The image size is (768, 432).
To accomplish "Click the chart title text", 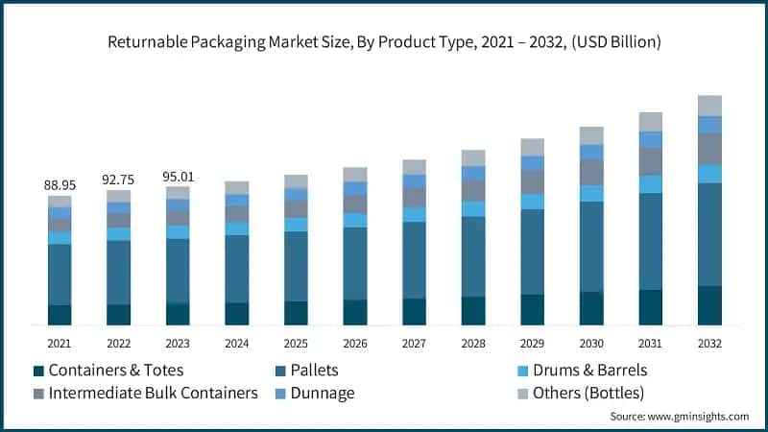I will pyautogui.click(x=384, y=42).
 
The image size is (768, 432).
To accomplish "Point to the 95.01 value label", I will pyautogui.click(x=178, y=176).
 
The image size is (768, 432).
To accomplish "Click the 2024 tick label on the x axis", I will pyautogui.click(x=236, y=343).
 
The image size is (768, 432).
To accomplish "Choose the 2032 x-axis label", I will pyautogui.click(x=709, y=343).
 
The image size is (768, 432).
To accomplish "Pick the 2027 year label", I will pyautogui.click(x=414, y=343).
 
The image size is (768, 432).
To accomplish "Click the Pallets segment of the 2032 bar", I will pyautogui.click(x=709, y=234).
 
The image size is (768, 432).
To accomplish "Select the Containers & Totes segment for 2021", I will pyautogui.click(x=60, y=315).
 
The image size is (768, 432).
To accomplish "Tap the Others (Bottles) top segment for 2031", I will pyautogui.click(x=651, y=122).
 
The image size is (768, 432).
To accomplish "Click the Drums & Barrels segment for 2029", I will pyautogui.click(x=533, y=202).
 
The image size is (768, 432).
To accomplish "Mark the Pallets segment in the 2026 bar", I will pyautogui.click(x=355, y=263).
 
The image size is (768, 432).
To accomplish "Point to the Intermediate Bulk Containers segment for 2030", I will pyautogui.click(x=591, y=172).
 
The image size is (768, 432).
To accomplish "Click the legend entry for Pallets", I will pyautogui.click(x=313, y=370).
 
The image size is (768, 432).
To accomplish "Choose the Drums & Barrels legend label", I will pyautogui.click(x=582, y=370).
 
